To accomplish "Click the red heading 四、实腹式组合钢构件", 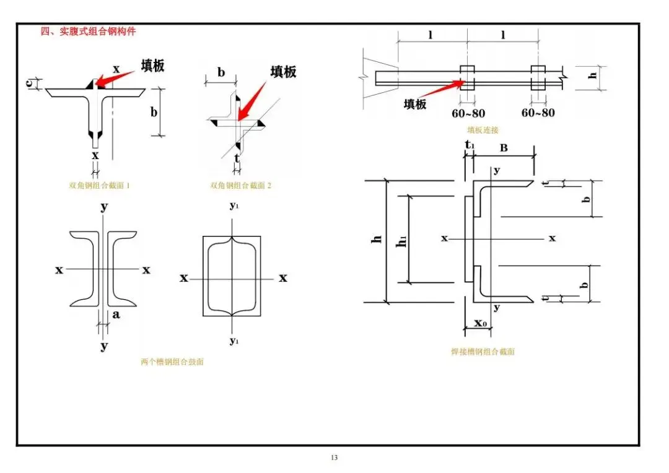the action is (x=88, y=31).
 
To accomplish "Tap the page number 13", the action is (x=334, y=458).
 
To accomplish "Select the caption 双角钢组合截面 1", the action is (x=99, y=186).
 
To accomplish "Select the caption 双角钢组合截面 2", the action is (x=240, y=186).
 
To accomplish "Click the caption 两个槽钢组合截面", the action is (x=172, y=362).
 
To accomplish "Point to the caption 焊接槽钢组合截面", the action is (x=483, y=352).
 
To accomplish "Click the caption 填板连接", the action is (x=483, y=130).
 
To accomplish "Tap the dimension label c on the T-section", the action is (x=30, y=83).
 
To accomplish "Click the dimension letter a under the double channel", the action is (x=116, y=315).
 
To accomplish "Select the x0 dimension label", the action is (x=481, y=323).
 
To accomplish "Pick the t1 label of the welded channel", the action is (x=470, y=145).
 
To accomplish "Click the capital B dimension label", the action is (x=504, y=148).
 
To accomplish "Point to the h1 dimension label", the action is (x=401, y=242).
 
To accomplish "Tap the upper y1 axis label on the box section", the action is (x=234, y=206).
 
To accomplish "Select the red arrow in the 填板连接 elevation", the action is (x=440, y=89).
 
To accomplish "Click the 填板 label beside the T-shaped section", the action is (x=153, y=65).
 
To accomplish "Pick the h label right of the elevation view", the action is (x=593, y=76).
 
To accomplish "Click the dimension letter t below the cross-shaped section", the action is (x=237, y=158).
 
